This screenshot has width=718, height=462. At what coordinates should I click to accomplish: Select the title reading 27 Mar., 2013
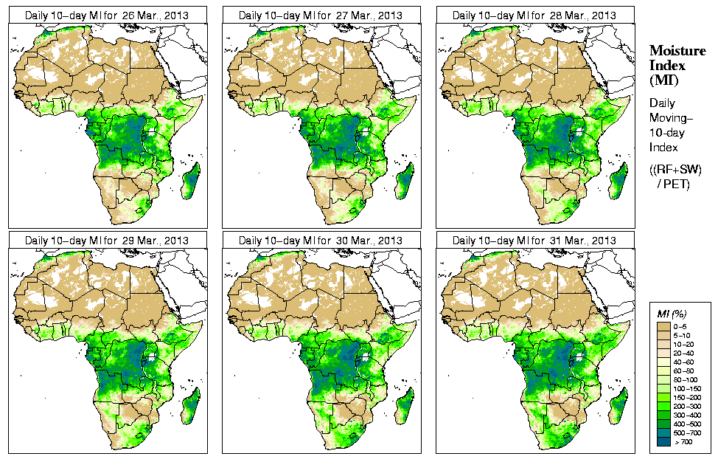(x=321, y=15)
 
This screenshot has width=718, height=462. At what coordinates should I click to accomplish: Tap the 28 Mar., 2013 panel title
(x=534, y=15)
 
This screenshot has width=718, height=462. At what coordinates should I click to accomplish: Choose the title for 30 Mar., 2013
(x=321, y=241)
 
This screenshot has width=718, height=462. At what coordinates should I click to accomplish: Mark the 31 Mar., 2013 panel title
(x=534, y=241)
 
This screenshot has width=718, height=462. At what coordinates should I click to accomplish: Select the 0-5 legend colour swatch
(x=664, y=325)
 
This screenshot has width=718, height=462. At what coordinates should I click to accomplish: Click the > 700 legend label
(x=685, y=441)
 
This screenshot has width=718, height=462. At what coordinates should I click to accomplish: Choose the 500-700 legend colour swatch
(x=664, y=432)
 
